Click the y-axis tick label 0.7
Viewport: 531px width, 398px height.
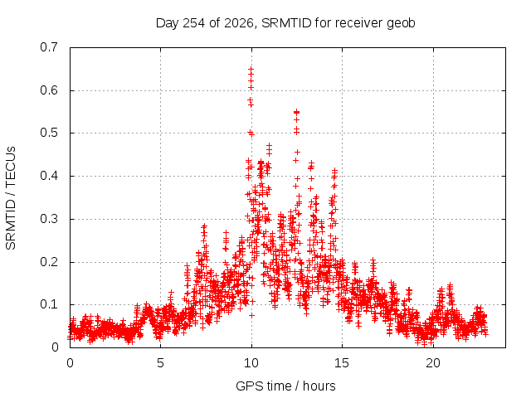[49, 47]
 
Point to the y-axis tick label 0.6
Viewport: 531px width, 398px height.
[49, 90]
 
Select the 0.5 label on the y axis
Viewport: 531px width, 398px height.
[49, 133]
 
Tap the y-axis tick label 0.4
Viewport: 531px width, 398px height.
[49, 176]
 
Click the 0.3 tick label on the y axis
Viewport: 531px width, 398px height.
[49, 219]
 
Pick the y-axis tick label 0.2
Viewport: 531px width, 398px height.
[49, 262]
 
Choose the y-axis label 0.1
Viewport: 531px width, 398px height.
[49, 304]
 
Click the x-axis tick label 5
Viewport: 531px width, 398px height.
[160, 363]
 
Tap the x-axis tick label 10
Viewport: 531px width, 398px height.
[251, 363]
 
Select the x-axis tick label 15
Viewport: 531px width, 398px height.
[342, 363]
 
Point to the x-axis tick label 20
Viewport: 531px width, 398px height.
[433, 363]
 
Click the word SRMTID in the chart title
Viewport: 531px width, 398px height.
[286, 23]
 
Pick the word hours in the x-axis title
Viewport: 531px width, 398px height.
[319, 386]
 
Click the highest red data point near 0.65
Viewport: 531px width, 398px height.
[251, 70]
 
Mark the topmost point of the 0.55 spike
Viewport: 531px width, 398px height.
[297, 112]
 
